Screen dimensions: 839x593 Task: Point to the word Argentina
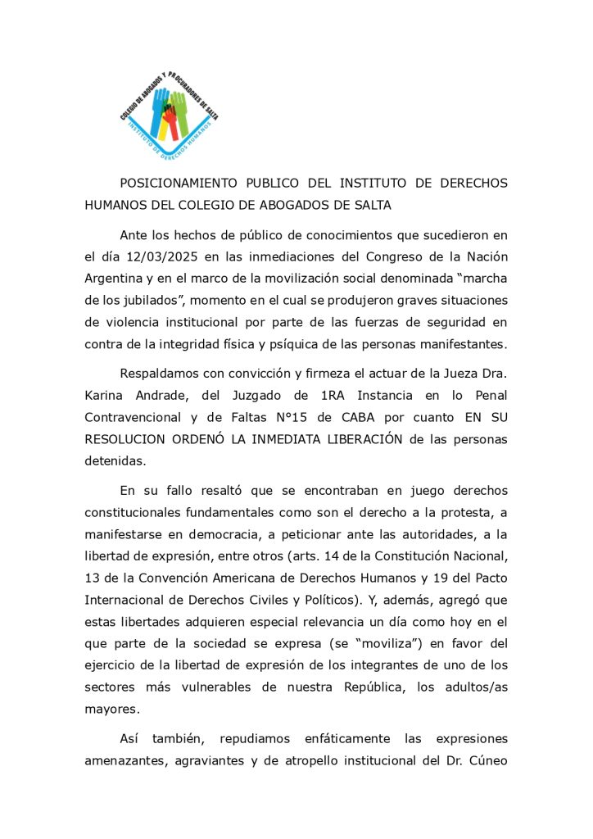(115, 279)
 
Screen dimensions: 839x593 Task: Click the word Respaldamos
(161, 374)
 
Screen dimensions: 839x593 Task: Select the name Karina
(104, 396)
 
